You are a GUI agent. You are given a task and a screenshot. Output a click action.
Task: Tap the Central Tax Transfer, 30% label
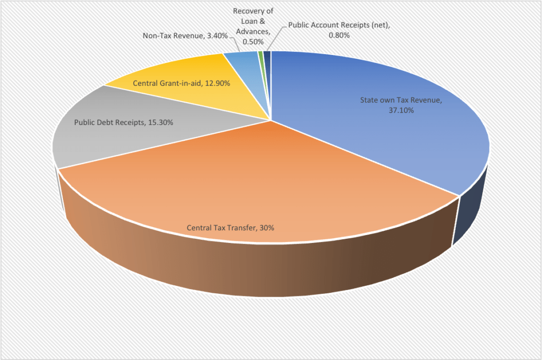click(x=230, y=228)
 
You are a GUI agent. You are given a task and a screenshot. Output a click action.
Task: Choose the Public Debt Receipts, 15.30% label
click(x=123, y=122)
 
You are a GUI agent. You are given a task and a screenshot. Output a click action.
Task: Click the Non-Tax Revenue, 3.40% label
click(x=185, y=36)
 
